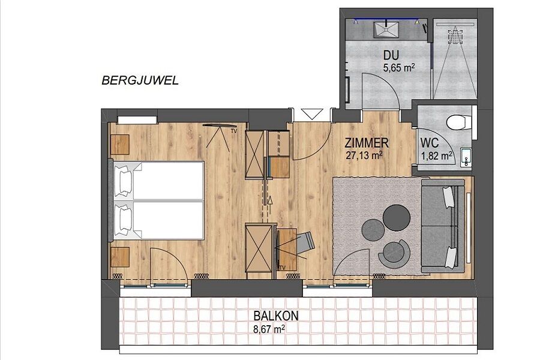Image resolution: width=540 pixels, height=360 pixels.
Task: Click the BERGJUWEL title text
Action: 140,80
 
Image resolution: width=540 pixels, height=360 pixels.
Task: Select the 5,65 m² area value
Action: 398,68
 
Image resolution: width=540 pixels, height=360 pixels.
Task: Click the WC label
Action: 430,143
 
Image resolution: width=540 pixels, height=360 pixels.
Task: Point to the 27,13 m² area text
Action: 365,155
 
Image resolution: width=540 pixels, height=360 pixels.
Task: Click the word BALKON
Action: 276,316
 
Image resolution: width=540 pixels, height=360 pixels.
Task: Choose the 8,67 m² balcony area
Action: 269,329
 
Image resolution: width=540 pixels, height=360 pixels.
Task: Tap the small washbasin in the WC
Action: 466,157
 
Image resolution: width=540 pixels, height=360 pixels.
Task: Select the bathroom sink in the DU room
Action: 386,29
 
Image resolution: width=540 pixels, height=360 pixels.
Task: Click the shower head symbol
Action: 455,37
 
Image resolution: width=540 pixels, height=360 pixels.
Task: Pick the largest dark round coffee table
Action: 397,218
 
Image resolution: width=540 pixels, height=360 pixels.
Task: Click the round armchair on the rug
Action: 394,253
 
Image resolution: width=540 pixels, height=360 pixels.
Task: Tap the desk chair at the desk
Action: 305,242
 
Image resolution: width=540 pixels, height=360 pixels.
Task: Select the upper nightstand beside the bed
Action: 120,145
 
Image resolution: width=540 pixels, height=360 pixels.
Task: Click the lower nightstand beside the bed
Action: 120,257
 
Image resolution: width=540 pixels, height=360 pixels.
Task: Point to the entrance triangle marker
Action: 312,114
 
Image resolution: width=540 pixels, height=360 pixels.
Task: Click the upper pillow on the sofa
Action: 448,197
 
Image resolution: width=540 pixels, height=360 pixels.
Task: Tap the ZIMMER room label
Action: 367,143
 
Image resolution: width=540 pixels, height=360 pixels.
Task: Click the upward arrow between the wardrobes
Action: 270,200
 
